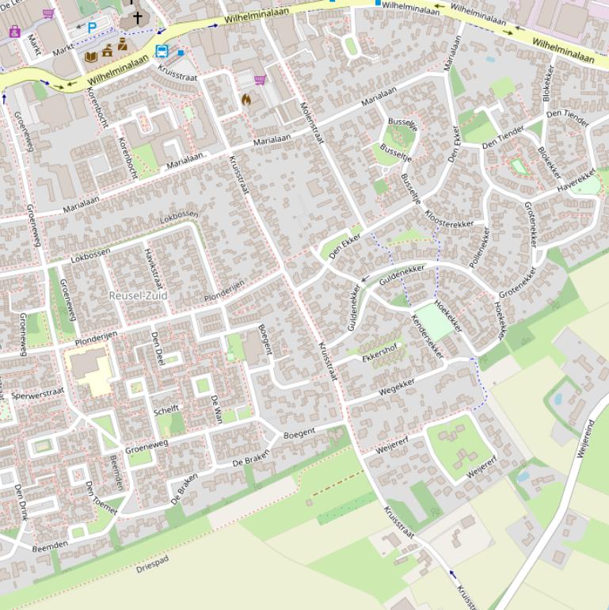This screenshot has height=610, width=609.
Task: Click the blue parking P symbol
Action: pos(92,28)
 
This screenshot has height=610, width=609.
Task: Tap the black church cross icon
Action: pos(137,17)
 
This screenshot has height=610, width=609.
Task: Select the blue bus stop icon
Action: pos(162,52)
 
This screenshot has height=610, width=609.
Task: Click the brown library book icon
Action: pos(91,56)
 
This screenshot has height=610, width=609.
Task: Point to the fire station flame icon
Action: pos(246,100)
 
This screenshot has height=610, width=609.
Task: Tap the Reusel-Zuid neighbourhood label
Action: pos(139,295)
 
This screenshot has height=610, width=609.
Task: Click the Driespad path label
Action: pos(152,567)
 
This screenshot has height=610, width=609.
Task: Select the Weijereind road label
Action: pos(585,438)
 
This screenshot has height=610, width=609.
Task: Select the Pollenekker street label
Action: pos(479,246)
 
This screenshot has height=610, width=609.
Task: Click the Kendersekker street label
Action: pos(428,337)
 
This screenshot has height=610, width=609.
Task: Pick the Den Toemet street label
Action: pos(101,497)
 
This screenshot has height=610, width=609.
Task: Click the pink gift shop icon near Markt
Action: pos(14,32)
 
